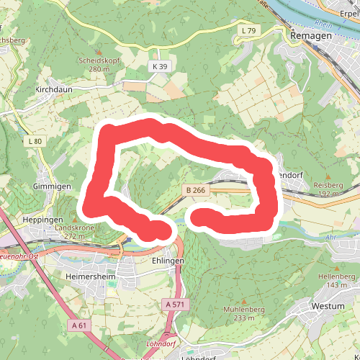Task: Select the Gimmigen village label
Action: tap(52, 186)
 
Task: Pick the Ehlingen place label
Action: tap(168, 261)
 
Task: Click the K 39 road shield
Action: tap(159, 66)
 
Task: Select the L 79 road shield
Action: tap(248, 30)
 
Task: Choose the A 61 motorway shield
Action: tap(81, 325)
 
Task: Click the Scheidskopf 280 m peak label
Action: tap(99, 65)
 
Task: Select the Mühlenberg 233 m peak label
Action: tap(239, 313)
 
